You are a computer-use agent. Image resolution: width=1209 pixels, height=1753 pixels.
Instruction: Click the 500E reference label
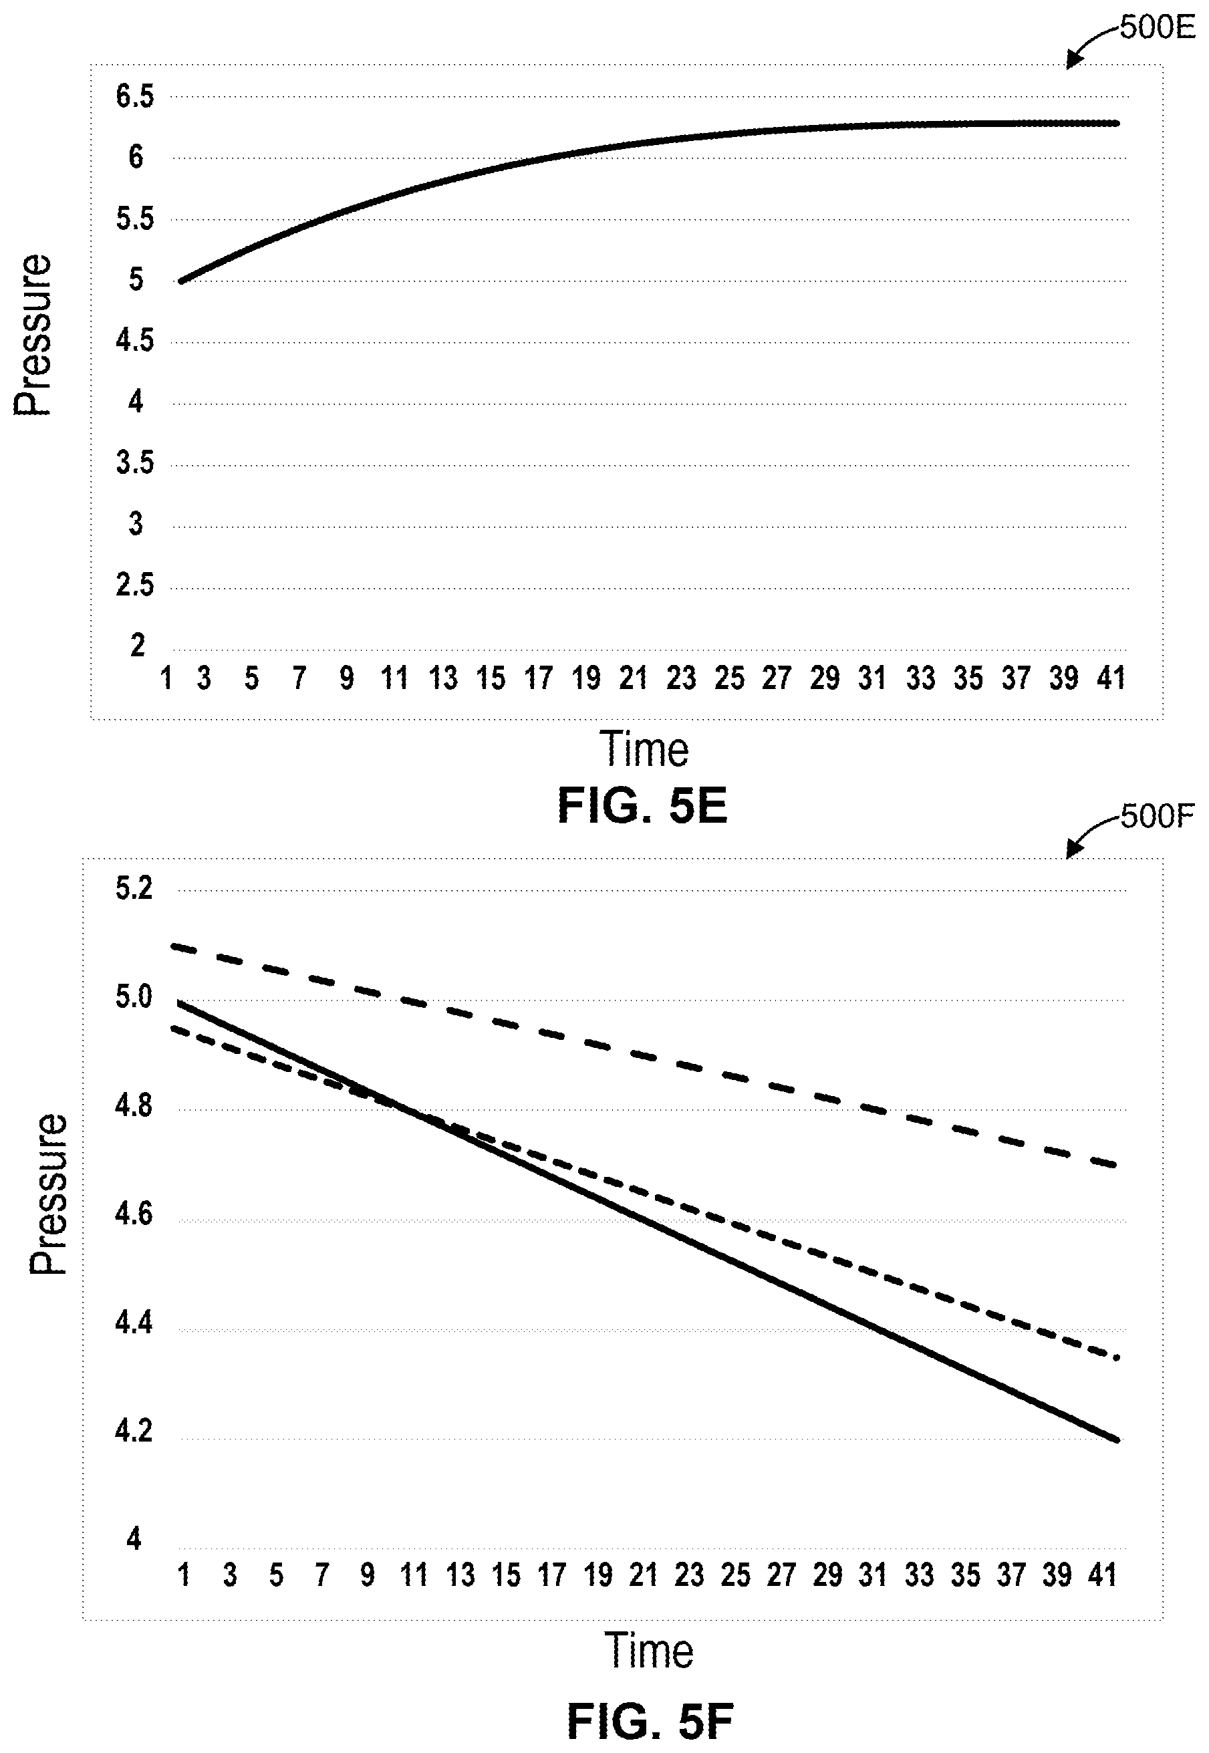click(x=1157, y=28)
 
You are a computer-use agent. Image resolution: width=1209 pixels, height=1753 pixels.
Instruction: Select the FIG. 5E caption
click(x=642, y=806)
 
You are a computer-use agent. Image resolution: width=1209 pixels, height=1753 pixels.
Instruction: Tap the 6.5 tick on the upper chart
click(x=135, y=97)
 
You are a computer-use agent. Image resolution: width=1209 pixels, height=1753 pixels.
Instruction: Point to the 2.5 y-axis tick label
click(x=135, y=585)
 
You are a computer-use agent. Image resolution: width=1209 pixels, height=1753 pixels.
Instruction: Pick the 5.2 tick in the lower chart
click(x=134, y=888)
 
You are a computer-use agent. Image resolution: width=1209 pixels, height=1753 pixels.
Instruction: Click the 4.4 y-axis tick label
click(x=134, y=1323)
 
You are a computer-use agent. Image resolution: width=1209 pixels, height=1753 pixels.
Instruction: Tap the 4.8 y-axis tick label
click(x=134, y=1106)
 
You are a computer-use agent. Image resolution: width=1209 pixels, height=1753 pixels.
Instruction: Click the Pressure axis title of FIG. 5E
click(x=33, y=335)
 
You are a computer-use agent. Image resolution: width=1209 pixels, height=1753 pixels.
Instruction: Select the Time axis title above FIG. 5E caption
click(x=645, y=749)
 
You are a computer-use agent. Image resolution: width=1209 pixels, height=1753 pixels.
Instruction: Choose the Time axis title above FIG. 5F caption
click(x=649, y=1651)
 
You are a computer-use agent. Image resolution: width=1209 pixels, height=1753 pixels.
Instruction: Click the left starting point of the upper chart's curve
click(x=181, y=281)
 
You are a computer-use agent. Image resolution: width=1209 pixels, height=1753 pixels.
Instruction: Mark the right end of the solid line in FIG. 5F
click(x=1117, y=1440)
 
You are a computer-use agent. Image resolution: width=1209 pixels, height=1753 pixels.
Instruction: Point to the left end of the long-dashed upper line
click(x=174, y=946)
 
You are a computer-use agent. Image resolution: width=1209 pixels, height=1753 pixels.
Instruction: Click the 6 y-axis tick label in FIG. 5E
click(x=136, y=158)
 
